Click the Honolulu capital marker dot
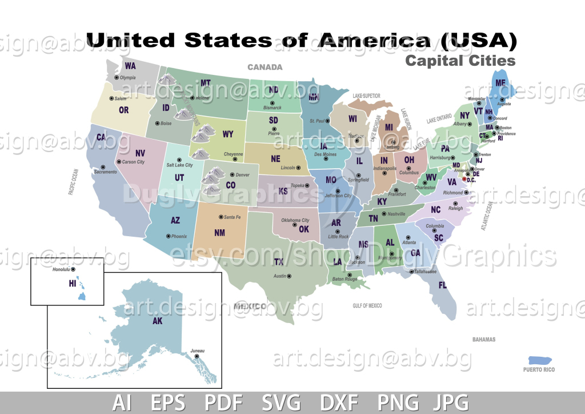pos(73,269)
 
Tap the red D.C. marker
pos(464,180)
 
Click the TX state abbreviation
pos(279,262)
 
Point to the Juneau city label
pos(197,351)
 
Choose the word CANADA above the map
pos(265,67)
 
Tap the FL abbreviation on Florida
pos(442,285)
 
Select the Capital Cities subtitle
pos(460,61)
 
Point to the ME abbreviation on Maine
pos(500,83)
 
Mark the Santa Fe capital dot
pos(221,217)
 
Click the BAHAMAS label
pos(484,339)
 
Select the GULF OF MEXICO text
pos(367,306)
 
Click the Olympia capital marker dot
pos(117,77)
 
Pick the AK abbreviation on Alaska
pos(158,321)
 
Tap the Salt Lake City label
pos(179,165)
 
